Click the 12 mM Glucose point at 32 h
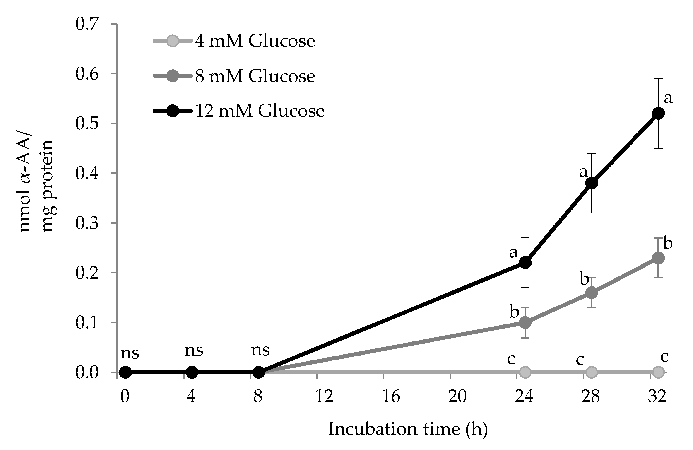658,113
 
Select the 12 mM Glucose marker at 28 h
591,183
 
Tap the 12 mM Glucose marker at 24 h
525,263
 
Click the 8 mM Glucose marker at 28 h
591,293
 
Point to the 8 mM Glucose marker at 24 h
525,322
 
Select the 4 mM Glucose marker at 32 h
658,372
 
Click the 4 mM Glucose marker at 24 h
525,372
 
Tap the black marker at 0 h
125,372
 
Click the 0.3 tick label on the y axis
87,223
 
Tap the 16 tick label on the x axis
391,396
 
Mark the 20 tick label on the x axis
457,396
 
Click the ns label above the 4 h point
194,350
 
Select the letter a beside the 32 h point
668,98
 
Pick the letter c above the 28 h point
580,360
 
